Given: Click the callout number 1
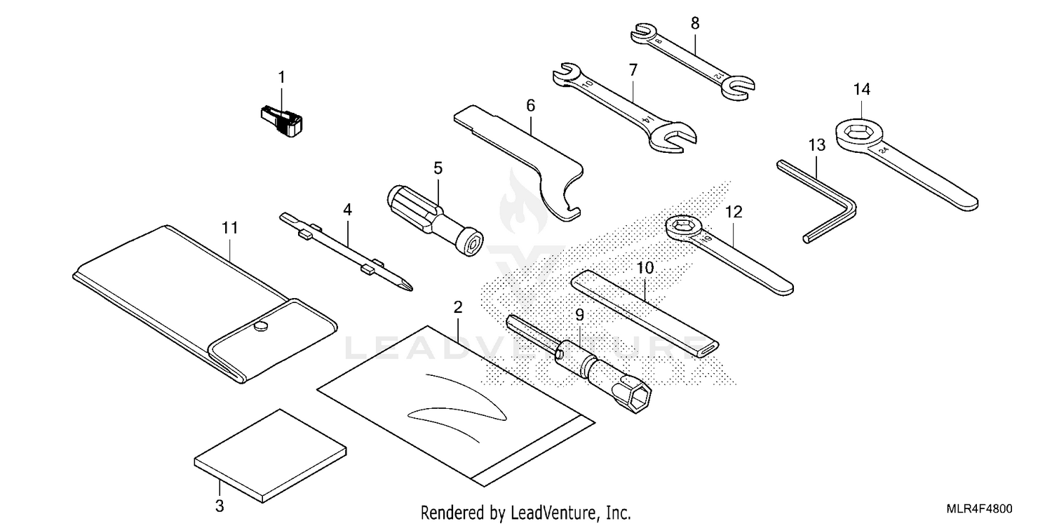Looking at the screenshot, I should click(282, 76).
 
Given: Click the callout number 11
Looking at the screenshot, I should click(230, 228).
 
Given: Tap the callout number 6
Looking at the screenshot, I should click(530, 106).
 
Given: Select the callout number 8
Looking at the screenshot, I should click(695, 23).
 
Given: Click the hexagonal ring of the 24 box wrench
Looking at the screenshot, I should click(859, 132).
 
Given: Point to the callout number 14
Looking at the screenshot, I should click(861, 89).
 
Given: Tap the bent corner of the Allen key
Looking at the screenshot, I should click(849, 204).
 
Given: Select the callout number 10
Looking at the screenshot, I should click(645, 267).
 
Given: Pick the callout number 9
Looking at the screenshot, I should click(579, 316).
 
